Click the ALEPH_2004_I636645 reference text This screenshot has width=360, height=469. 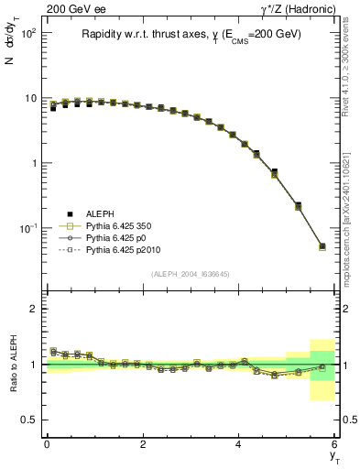pos(191,274)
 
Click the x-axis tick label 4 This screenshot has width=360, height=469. pos(239,444)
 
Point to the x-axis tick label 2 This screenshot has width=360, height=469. pos(143,444)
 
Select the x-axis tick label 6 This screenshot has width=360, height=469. pos(335,444)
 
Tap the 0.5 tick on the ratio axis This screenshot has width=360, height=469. pos(29,420)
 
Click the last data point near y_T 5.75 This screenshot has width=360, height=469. pos(322,245)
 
